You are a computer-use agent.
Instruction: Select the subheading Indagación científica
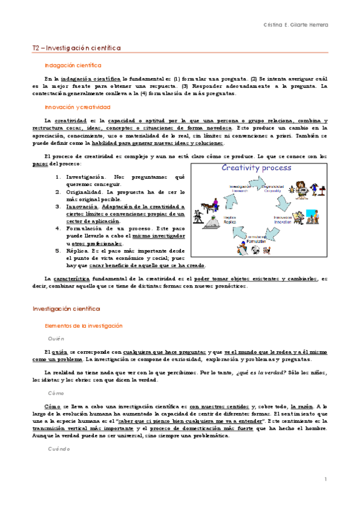tap(73, 65)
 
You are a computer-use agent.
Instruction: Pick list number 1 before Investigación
tap(58, 177)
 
